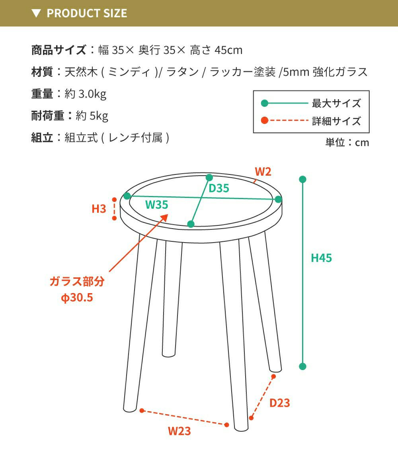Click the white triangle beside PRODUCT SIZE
tap(36, 14)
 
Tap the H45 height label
tap(321, 258)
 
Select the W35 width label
tap(156, 205)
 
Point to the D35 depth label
tap(219, 188)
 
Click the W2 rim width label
tap(263, 172)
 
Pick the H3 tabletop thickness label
tap(99, 209)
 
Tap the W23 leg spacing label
tap(179, 431)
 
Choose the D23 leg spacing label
tap(279, 403)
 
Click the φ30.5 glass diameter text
tap(77, 298)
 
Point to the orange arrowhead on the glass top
tap(164, 218)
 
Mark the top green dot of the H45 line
tap(302, 179)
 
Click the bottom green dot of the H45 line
tap(302, 366)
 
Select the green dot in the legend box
tap(265, 103)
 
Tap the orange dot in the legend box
tap(265, 120)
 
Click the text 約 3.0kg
tap(85, 94)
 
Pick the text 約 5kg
tap(92, 116)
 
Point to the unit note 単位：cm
tap(347, 143)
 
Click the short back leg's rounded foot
tap(168, 354)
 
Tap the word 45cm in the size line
tap(228, 50)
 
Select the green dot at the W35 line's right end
tap(278, 199)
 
